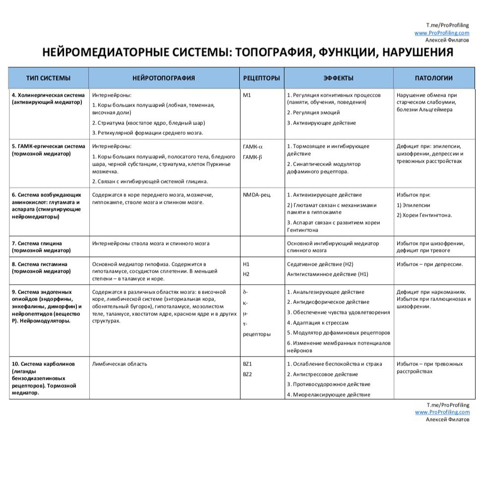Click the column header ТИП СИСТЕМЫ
click(48, 78)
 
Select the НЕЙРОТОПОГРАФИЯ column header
click(164, 78)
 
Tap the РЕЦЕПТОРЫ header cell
click(261, 78)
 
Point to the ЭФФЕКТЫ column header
click(338, 78)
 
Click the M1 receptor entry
click(247, 95)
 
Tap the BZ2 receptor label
click(247, 374)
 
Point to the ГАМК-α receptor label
click(253, 147)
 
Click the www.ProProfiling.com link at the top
click(442, 33)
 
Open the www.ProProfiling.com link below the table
click(442, 412)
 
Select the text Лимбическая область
click(120, 364)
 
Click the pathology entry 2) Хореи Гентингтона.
click(424, 215)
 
